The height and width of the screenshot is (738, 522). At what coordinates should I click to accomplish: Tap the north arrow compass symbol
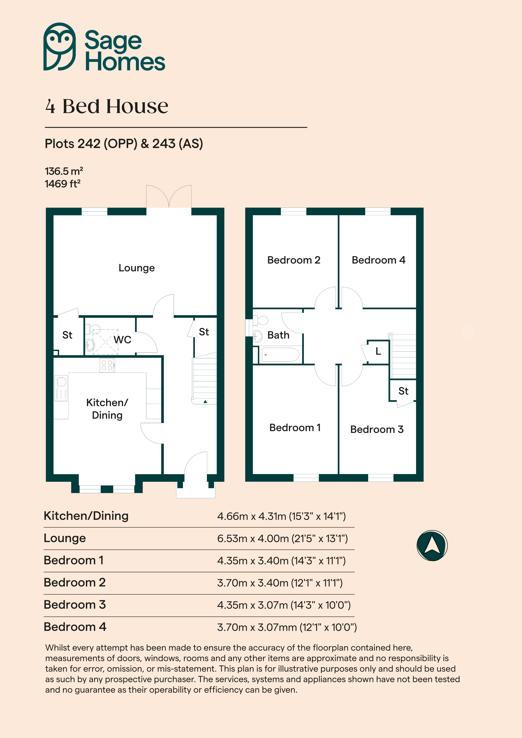pyautogui.click(x=432, y=546)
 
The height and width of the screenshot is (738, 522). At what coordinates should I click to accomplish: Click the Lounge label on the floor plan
pyautogui.click(x=137, y=268)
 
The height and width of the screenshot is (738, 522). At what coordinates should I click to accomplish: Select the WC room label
pyautogui.click(x=123, y=340)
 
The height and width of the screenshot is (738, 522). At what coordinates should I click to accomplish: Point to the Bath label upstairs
pyautogui.click(x=278, y=335)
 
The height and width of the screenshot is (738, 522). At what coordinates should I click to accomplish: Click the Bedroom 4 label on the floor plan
pyautogui.click(x=378, y=260)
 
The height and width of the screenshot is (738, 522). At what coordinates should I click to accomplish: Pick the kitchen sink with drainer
pyautogui.click(x=61, y=388)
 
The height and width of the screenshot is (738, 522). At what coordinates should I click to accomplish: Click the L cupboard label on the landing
pyautogui.click(x=378, y=351)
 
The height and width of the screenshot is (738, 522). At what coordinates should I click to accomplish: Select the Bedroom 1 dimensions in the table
pyautogui.click(x=281, y=561)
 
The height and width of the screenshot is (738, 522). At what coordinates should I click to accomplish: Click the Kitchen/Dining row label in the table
pyautogui.click(x=86, y=516)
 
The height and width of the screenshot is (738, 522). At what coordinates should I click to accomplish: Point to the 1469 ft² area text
pyautogui.click(x=62, y=184)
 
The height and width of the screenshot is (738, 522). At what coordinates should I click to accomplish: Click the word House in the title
pyautogui.click(x=137, y=106)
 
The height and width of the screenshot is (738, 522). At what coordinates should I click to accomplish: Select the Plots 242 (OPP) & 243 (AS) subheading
pyautogui.click(x=124, y=144)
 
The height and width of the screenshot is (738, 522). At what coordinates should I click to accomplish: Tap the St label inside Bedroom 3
pyautogui.click(x=403, y=391)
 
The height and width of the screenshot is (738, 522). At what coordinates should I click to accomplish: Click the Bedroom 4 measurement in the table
pyautogui.click(x=287, y=627)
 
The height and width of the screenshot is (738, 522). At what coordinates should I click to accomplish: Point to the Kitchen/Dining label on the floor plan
pyautogui.click(x=107, y=409)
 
